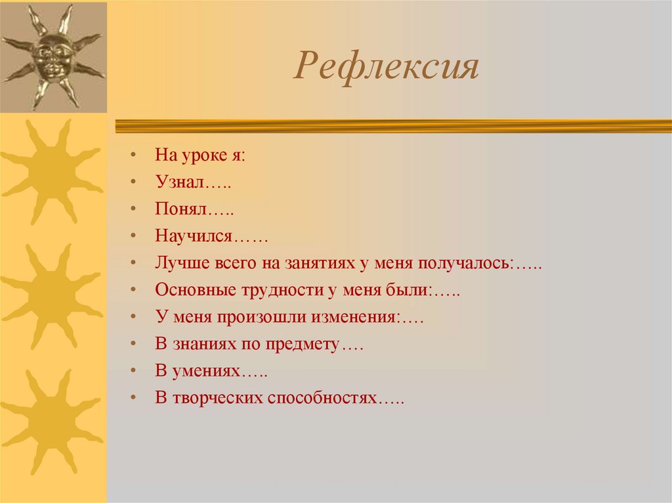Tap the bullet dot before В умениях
[133, 371]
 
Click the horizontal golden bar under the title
[394, 126]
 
